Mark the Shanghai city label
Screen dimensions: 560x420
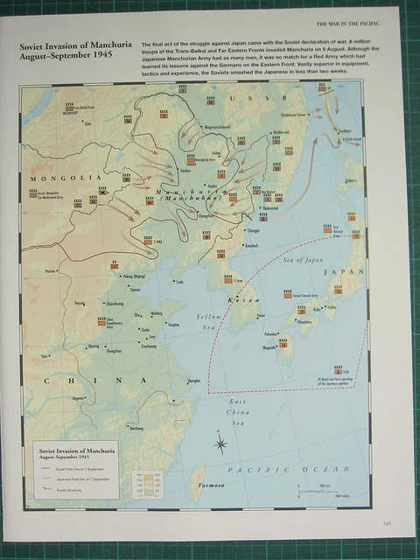click(x=194, y=381)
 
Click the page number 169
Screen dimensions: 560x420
click(x=387, y=524)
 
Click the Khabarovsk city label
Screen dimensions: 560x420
click(x=281, y=131)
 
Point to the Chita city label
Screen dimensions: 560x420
click(x=87, y=123)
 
